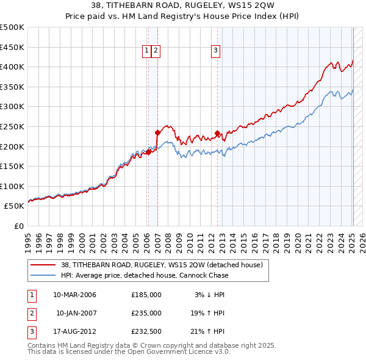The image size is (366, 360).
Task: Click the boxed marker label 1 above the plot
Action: click(147, 51)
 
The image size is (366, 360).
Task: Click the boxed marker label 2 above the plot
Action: click(156, 51)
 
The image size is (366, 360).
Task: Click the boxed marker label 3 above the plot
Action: click(216, 51)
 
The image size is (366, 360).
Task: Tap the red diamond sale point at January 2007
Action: click(157, 132)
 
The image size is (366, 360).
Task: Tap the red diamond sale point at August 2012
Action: click(218, 133)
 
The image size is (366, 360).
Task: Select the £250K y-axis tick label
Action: click(12, 126)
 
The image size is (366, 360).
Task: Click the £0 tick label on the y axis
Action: click(20, 226)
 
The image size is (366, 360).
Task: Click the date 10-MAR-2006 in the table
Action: click(75, 295)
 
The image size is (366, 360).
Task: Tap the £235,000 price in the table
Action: click(146, 313)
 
